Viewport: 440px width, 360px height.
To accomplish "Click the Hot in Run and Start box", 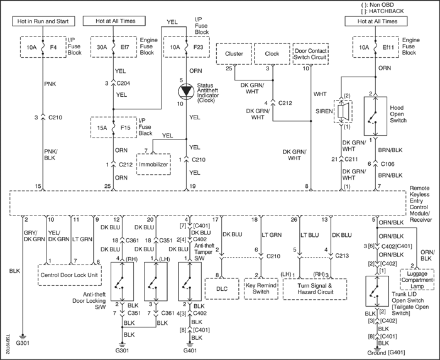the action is tap(43, 21).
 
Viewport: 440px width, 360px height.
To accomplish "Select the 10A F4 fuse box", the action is tap(43, 47).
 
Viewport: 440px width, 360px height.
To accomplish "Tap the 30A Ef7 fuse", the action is tap(114, 47).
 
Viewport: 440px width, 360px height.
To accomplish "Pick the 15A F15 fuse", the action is tap(114, 128).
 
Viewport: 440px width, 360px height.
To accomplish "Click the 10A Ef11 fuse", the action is tap(375, 47).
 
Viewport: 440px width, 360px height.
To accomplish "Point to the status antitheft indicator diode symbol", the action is tap(186, 91).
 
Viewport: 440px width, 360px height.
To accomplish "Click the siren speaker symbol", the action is tap(343, 111).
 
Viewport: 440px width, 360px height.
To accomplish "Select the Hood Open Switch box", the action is tap(375, 116).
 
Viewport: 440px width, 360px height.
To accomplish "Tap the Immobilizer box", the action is tap(153, 165).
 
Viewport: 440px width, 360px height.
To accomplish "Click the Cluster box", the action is tap(234, 54).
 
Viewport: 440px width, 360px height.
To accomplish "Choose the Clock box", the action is tap(272, 54).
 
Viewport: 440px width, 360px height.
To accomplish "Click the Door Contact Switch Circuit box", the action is tap(311, 54).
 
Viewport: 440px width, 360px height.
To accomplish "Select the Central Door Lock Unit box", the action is tap(70, 275).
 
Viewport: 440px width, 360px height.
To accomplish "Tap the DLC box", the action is tap(222, 289).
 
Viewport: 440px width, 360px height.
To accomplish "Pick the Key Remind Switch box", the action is tap(261, 289).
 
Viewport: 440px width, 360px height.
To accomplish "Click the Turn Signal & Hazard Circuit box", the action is tap(315, 289).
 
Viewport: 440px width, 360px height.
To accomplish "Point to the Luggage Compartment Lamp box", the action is tap(417, 280).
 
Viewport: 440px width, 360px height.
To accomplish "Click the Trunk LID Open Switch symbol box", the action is tap(377, 291).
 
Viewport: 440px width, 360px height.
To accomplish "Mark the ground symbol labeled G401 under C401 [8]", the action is tap(190, 344).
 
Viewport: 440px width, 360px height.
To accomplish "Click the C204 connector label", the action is tap(123, 84).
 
